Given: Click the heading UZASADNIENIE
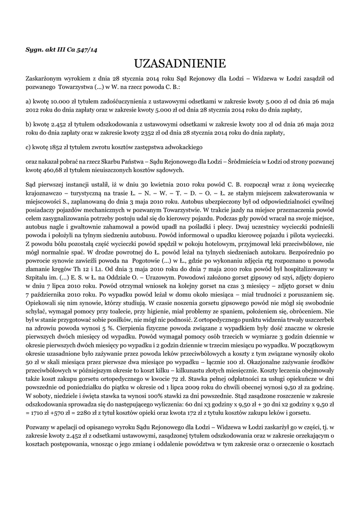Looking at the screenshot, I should (180, 64).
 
